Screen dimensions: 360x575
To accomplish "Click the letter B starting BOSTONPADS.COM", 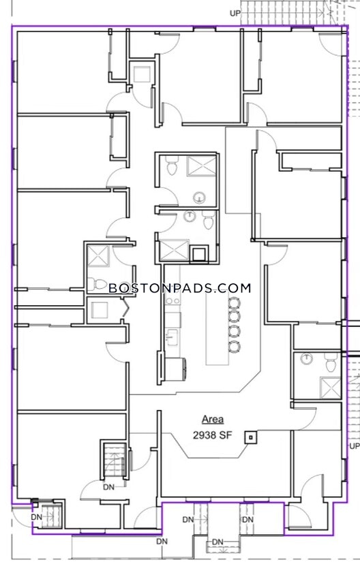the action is click(113, 288).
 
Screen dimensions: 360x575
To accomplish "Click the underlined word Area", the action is click(213, 420).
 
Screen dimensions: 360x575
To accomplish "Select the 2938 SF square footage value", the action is click(213, 435).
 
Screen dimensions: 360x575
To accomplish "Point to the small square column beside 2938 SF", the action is click(251, 437).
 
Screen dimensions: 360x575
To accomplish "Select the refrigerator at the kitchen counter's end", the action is click(175, 370).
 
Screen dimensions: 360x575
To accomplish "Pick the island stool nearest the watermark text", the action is click(234, 303).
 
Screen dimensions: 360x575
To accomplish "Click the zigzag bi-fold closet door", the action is click(125, 307).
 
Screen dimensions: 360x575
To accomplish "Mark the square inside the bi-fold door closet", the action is click(100, 310).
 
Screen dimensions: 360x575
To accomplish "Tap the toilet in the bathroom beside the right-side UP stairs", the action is click(330, 362).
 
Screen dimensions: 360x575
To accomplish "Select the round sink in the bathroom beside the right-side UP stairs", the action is click(305, 358).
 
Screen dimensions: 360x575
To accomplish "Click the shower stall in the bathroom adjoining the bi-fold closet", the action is click(99, 255).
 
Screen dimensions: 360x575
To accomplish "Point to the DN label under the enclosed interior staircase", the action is click(108, 487).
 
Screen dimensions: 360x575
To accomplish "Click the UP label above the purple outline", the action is click(235, 13).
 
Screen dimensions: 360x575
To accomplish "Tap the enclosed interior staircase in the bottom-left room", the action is click(114, 460).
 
